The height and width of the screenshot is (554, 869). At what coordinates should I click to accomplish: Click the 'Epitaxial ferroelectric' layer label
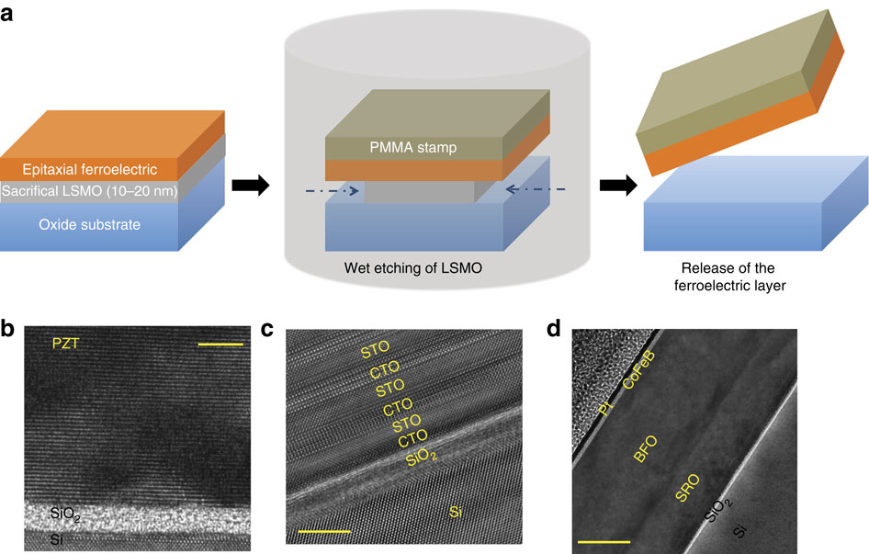[x=79, y=170]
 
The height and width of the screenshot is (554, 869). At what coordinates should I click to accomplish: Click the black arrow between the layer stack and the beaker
[x=251, y=187]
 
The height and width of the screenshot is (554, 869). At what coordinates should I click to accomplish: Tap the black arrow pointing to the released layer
[x=618, y=187]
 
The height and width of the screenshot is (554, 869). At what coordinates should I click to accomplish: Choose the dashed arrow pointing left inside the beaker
[x=533, y=190]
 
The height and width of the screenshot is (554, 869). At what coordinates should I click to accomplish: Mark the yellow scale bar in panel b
[x=220, y=345]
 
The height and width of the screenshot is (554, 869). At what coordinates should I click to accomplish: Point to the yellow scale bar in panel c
[x=323, y=531]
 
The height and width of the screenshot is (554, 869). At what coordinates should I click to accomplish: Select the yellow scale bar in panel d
[x=604, y=542]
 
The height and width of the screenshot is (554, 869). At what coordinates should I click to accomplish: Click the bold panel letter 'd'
[x=554, y=328]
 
